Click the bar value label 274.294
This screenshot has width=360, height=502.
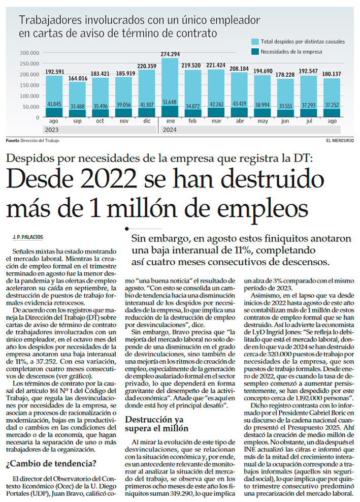(x=170, y=54)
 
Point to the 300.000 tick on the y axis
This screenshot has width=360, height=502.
(x=29, y=52)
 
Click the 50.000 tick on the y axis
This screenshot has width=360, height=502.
(x=30, y=107)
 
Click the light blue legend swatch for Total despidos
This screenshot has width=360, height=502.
(x=255, y=41)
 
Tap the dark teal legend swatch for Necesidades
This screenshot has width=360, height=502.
(x=255, y=51)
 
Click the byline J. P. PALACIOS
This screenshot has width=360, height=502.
(x=30, y=237)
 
